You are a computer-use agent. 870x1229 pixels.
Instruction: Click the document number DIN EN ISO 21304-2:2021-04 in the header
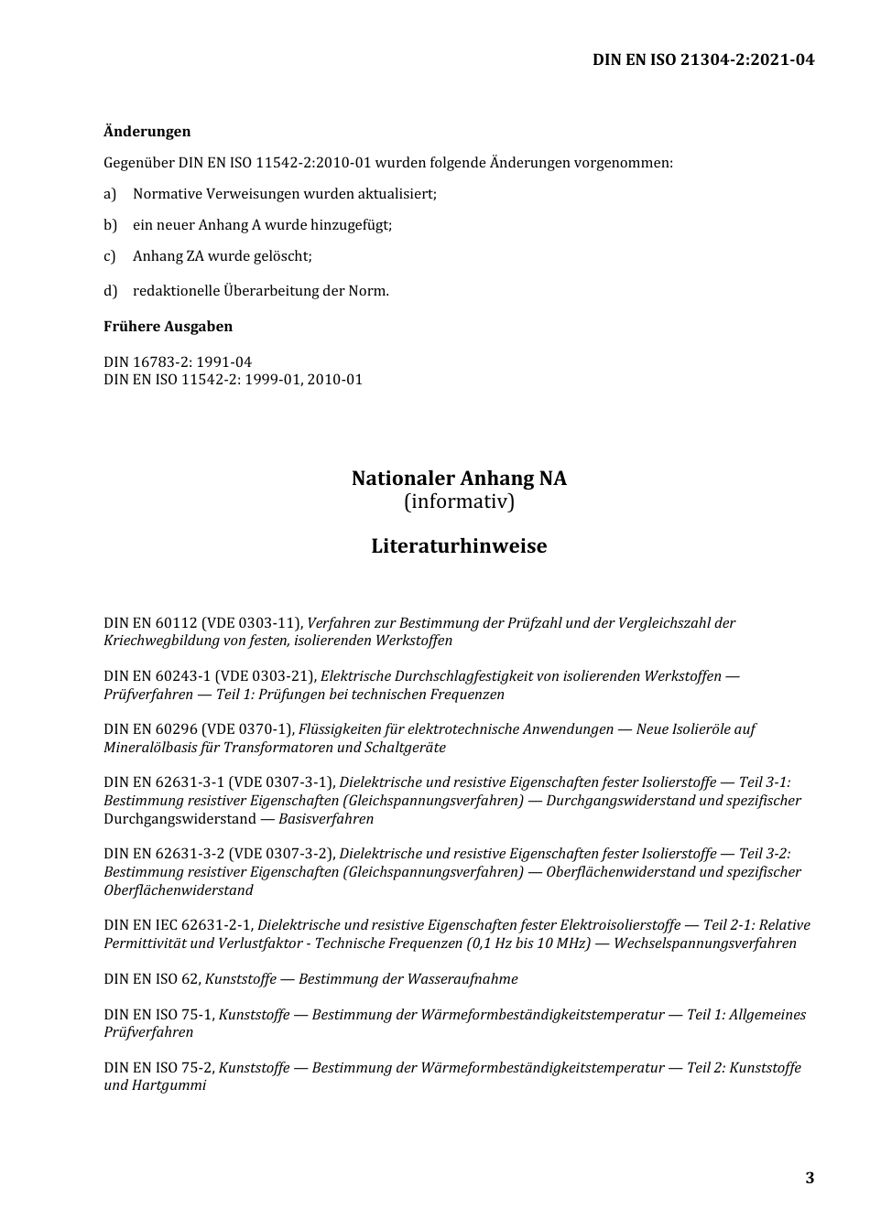tap(702, 60)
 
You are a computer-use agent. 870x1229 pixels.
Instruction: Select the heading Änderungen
tap(147, 132)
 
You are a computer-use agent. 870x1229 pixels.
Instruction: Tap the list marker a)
tap(110, 194)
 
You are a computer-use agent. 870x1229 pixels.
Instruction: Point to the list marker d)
tap(110, 291)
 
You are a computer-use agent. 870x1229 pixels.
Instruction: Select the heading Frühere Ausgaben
tap(168, 327)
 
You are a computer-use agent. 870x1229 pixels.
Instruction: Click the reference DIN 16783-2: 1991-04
tap(178, 362)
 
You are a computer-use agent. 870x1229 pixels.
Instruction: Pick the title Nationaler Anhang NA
tap(459, 479)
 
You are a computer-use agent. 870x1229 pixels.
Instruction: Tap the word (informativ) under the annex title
tap(459, 502)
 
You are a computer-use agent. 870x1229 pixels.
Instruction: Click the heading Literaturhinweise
tap(459, 546)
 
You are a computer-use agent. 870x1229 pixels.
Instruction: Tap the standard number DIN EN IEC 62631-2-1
tap(178, 925)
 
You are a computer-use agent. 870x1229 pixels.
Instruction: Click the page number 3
tap(810, 1179)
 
